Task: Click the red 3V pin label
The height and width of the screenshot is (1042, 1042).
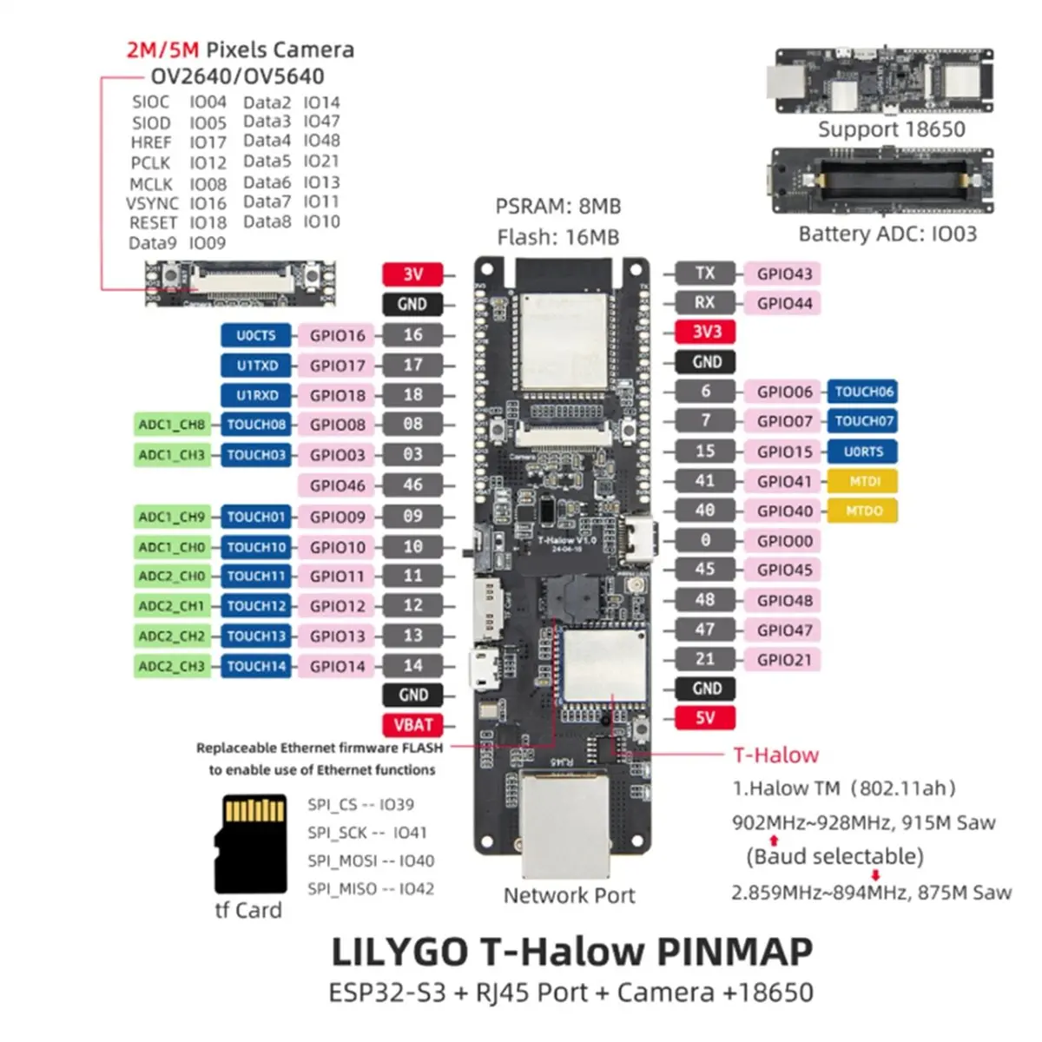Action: coord(412,274)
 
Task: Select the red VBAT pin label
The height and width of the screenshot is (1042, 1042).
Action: coord(412,725)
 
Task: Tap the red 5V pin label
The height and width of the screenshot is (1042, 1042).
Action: coord(705,718)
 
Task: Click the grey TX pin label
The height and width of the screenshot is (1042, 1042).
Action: coord(705,274)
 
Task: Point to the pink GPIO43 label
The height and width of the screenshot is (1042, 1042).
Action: coord(784,274)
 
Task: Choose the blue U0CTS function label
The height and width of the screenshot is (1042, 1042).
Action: coord(256,336)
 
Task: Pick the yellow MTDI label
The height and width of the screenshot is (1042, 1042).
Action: coord(862,481)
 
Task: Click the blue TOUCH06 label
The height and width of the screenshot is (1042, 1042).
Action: coord(862,392)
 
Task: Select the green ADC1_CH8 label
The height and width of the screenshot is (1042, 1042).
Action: coord(172,425)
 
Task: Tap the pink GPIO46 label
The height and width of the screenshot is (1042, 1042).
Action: coord(337,485)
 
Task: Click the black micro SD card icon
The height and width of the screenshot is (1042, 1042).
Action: coord(251,844)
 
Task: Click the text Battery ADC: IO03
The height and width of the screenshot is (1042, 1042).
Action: coord(887,234)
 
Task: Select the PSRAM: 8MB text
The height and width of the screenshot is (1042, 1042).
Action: coord(558,207)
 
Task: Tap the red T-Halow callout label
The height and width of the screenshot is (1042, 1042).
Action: coord(775,755)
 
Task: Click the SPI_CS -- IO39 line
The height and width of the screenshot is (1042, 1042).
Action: coord(360,805)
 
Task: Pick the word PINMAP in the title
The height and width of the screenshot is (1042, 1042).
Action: coord(734,952)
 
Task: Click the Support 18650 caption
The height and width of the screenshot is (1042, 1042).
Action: coord(891,130)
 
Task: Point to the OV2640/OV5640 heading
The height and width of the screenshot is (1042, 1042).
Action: coord(237,76)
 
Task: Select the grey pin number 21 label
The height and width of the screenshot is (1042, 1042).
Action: coord(705,660)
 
